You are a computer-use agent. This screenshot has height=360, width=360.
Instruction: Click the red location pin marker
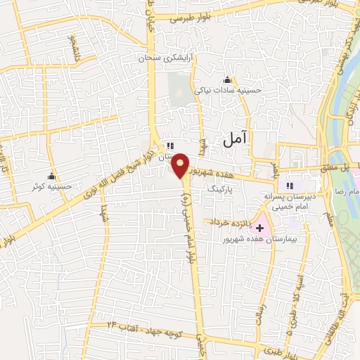(x=181, y=165)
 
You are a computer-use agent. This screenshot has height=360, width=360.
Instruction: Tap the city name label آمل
(x=236, y=139)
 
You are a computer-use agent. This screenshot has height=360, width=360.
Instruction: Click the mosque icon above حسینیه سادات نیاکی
(x=226, y=79)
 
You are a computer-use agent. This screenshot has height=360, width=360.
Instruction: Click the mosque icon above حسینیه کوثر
(x=51, y=176)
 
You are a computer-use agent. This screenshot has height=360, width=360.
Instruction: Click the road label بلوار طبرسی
(x=191, y=19)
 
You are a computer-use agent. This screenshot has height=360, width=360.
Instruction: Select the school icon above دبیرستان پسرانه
(x=289, y=186)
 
